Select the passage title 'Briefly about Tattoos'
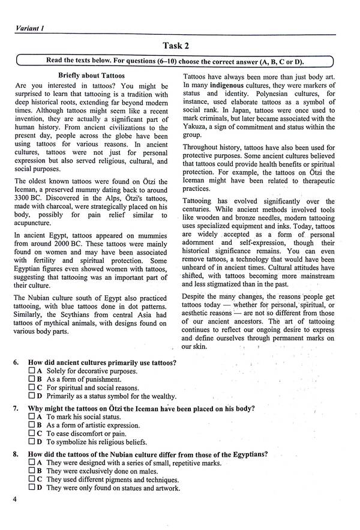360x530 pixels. point(91,76)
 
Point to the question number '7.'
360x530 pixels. point(14,408)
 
